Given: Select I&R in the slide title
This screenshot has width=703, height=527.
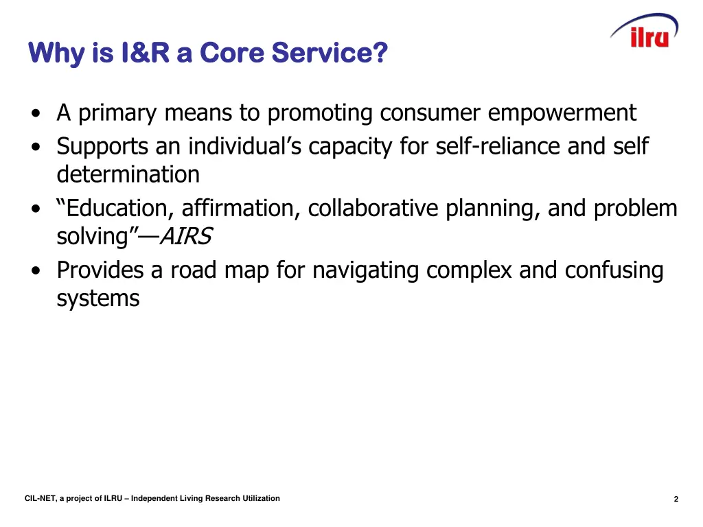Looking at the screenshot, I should pos(146,52).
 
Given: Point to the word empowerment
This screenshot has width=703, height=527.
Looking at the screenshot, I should pos(562,113).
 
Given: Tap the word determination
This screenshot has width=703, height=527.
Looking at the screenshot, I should pos(128,174).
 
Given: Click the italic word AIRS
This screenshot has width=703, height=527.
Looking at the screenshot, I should pos(185,237).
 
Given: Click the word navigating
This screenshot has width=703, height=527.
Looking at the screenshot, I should pos(366,270).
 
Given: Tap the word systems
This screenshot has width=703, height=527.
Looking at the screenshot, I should pos(98,298).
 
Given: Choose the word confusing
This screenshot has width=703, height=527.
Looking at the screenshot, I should pos(614,270).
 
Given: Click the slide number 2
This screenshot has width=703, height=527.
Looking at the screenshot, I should pos(676,500).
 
